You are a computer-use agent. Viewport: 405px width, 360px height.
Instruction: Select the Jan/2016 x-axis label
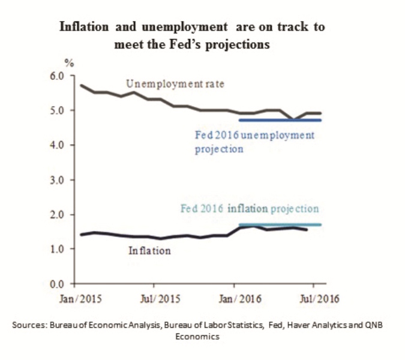click(236, 298)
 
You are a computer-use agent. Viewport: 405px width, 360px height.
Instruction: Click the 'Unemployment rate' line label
click(175, 85)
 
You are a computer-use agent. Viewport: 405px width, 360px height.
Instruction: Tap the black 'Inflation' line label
click(149, 251)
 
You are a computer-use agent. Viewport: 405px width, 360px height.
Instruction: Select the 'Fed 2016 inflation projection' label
click(250, 209)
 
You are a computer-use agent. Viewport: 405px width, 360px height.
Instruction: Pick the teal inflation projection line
click(281, 224)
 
